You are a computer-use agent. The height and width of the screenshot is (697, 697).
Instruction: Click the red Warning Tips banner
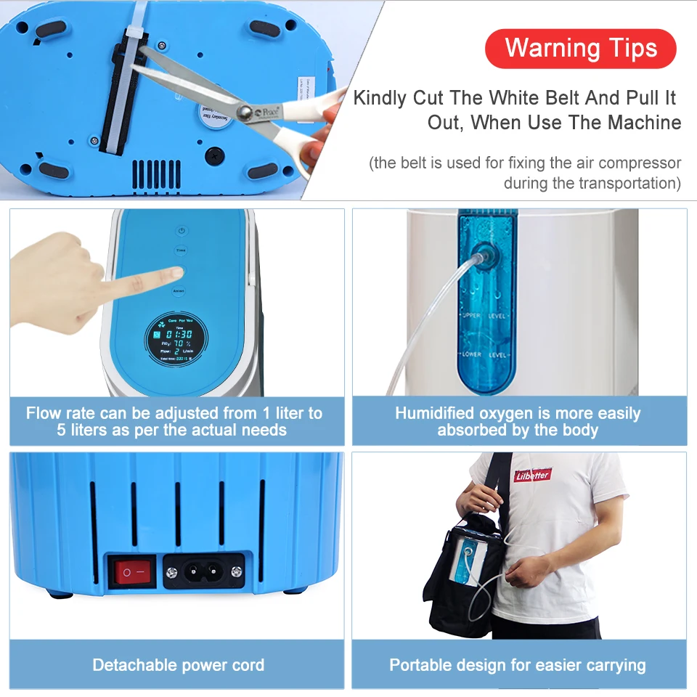point(580,49)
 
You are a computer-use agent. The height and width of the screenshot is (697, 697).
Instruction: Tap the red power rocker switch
point(132,572)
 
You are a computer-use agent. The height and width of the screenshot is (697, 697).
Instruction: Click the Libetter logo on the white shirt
point(533,476)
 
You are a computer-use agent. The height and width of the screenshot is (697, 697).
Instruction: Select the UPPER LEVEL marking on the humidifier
point(485,316)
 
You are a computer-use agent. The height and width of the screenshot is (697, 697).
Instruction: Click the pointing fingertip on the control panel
point(176,273)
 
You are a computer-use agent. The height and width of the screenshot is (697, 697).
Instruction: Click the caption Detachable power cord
point(178,664)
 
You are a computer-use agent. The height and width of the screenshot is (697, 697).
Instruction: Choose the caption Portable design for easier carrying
point(517,664)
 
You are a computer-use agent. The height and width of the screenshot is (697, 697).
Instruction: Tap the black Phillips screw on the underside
point(215,155)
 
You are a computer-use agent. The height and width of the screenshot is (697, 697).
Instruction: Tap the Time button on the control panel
point(181,250)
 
